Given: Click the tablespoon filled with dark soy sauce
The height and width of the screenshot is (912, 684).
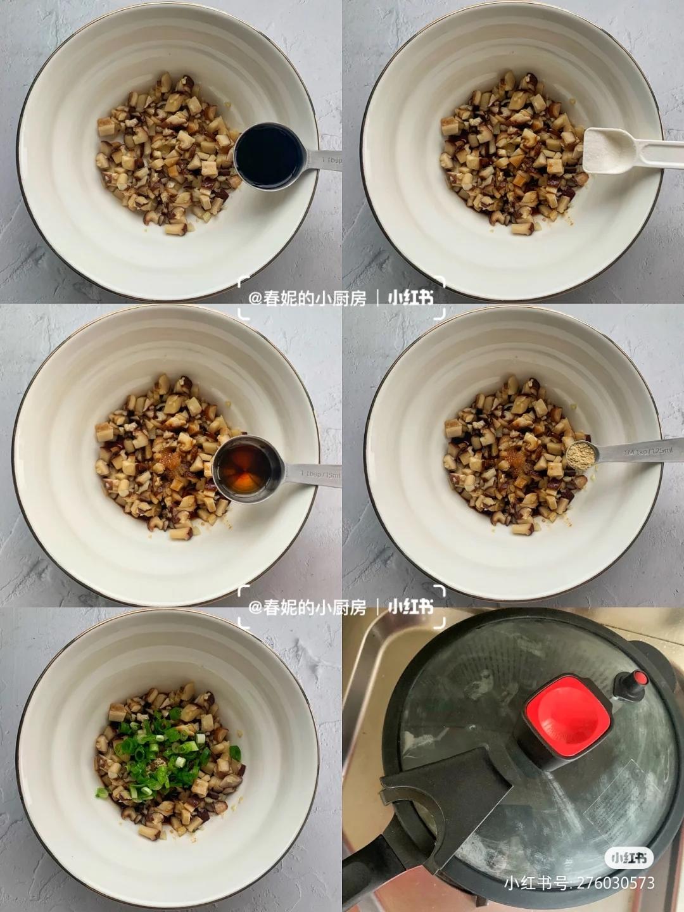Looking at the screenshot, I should coord(269,156).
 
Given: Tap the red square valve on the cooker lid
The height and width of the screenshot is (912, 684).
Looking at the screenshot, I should coord(566,716).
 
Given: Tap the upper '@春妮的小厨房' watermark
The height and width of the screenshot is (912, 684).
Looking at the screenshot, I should coord(307,298).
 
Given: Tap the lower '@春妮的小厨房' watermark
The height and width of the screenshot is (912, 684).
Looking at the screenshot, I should coord(307,607).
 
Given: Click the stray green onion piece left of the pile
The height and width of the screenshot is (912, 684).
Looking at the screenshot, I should coord(101,792).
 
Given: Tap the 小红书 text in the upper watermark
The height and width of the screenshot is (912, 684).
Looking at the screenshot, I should coord(410,298).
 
